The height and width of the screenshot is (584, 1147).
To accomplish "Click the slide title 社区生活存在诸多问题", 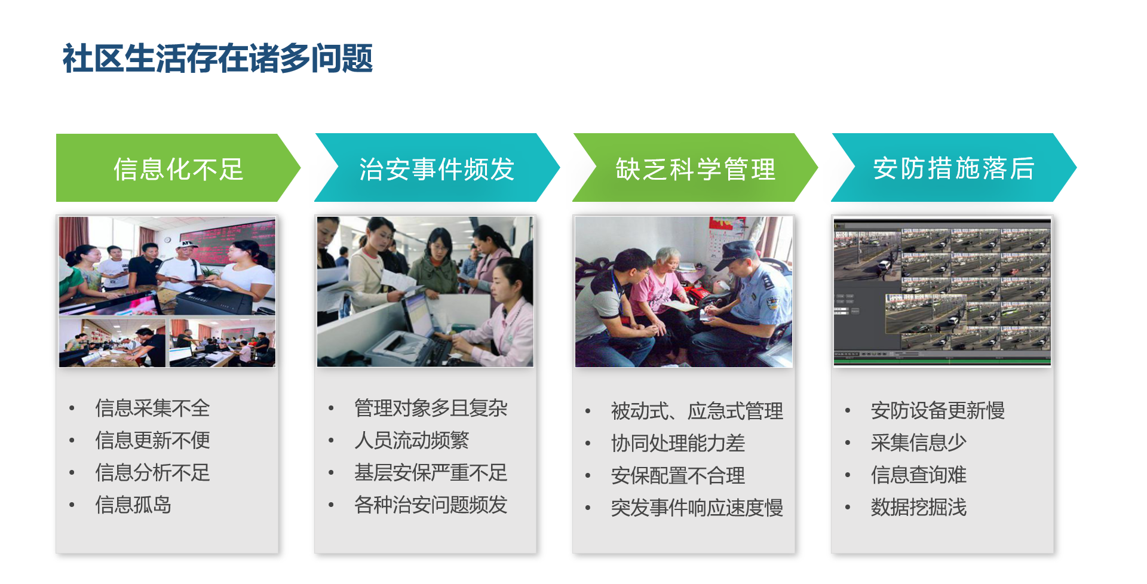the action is coord(217,59).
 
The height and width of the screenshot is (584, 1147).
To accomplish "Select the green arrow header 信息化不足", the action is coord(178,168).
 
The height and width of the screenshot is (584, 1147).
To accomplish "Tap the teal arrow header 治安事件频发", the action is coord(437,168).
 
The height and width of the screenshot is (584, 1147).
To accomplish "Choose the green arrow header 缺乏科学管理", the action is coord(695,168).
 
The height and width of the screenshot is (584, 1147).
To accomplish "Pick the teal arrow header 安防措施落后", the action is coord(953,168).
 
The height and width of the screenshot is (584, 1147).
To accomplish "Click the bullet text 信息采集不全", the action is coord(152,408).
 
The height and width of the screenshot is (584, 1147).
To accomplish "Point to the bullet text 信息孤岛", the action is coord(133,505).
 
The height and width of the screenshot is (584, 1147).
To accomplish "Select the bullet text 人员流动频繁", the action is coord(412,441).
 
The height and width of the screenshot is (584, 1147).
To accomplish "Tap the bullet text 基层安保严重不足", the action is coord(431,473).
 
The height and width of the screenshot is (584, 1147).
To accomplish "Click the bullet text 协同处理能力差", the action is coord(678,444).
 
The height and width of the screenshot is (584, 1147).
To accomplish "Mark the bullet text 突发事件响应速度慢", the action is coord(697,508).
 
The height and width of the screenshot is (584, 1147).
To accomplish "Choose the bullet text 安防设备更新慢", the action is coord(938,411).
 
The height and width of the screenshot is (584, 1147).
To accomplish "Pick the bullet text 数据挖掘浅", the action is coord(919,508).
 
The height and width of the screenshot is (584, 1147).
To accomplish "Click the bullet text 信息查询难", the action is coord(919,475).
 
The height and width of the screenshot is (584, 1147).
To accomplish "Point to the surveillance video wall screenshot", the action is coord(942,291).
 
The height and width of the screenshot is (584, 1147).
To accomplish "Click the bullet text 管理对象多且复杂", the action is coord(431,408).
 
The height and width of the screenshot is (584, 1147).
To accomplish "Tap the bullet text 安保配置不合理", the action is coord(678,476).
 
